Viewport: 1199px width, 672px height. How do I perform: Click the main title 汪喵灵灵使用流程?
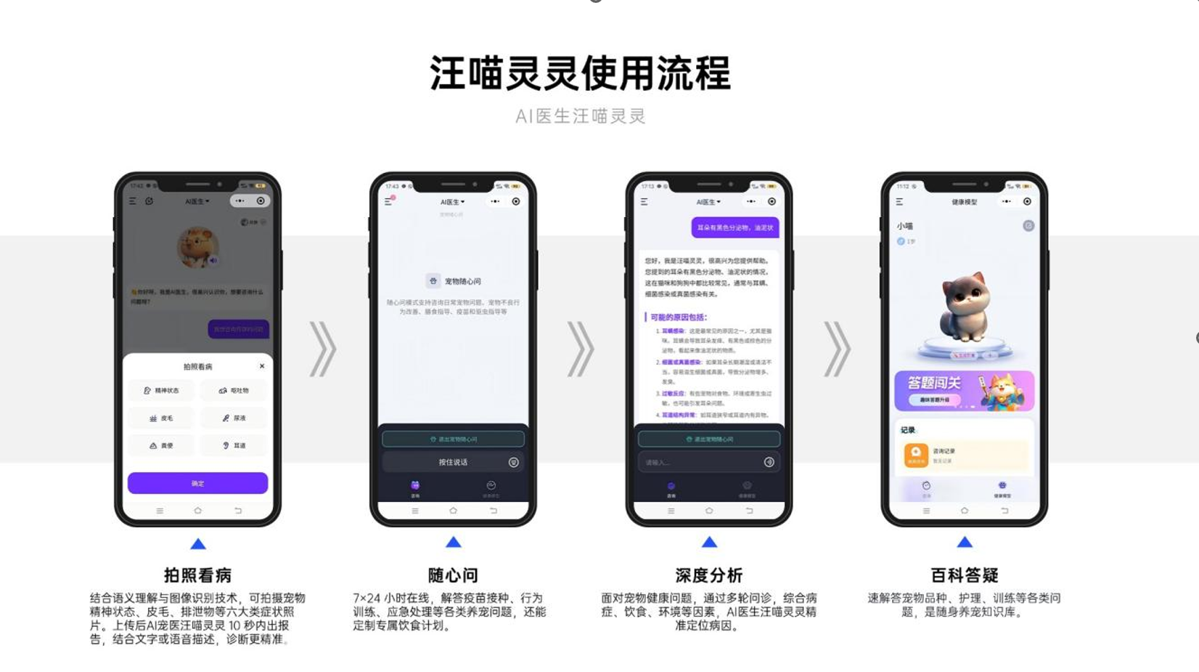580,73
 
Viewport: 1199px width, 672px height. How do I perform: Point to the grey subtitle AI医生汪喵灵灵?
580,116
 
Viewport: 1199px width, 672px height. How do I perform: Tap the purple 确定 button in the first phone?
197,483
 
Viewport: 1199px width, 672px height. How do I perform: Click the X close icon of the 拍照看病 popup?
262,366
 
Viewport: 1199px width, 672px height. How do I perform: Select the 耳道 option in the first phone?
234,445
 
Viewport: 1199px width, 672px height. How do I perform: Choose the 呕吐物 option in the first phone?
234,390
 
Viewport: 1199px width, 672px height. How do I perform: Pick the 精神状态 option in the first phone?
161,390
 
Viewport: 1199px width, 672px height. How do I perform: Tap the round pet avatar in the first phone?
197,247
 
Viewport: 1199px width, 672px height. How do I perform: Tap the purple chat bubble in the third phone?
734,227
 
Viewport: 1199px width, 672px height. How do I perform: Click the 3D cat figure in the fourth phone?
964,312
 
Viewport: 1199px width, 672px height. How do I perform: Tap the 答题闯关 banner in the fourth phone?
964,391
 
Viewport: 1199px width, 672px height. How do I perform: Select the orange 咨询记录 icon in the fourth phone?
915,455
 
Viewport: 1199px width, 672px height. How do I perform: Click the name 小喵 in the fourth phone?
904,226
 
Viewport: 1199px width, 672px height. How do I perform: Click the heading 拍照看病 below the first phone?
197,575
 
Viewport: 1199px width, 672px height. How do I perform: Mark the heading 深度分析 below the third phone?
708,575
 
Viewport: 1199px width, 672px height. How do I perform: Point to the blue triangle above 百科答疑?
964,542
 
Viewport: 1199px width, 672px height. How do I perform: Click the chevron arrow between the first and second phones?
324,349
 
